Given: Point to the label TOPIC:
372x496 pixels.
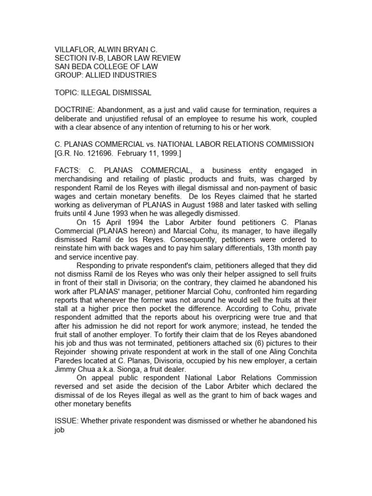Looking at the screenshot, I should coord(66,93).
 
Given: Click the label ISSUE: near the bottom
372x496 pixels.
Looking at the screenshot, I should coord(66,421).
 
